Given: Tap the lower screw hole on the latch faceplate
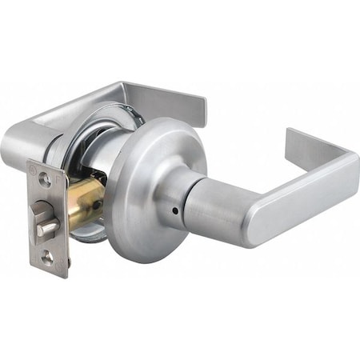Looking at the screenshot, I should (x=47, y=257).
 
